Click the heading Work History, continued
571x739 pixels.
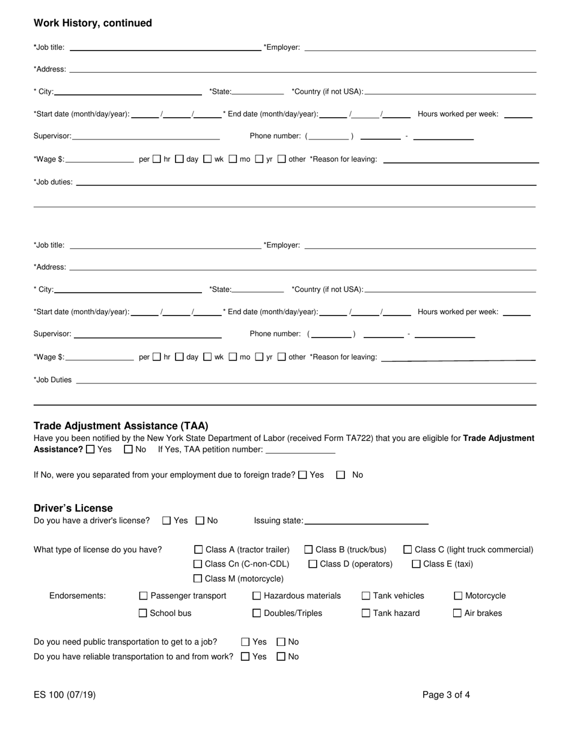click(93, 23)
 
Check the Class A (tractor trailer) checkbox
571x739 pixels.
click(198, 550)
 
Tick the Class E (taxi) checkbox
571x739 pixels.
click(416, 564)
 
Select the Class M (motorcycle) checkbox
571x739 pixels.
click(198, 579)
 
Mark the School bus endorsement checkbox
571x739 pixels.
click(143, 613)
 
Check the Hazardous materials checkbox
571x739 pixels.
click(257, 596)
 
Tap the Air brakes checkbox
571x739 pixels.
click(457, 613)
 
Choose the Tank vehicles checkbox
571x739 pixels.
click(365, 596)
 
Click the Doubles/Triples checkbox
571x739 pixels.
click(257, 613)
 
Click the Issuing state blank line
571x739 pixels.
click(366, 521)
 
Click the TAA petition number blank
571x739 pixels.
click(300, 450)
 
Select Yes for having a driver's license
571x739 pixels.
click(167, 521)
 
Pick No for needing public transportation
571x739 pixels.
click(281, 642)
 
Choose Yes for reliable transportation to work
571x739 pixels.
click(245, 657)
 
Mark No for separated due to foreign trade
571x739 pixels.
click(341, 475)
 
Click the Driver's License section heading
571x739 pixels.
click(73, 508)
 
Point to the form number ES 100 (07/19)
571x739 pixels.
click(64, 695)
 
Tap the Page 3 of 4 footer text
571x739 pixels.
click(446, 695)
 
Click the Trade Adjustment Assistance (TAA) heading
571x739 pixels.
click(121, 426)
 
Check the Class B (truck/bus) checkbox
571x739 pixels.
click(308, 550)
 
